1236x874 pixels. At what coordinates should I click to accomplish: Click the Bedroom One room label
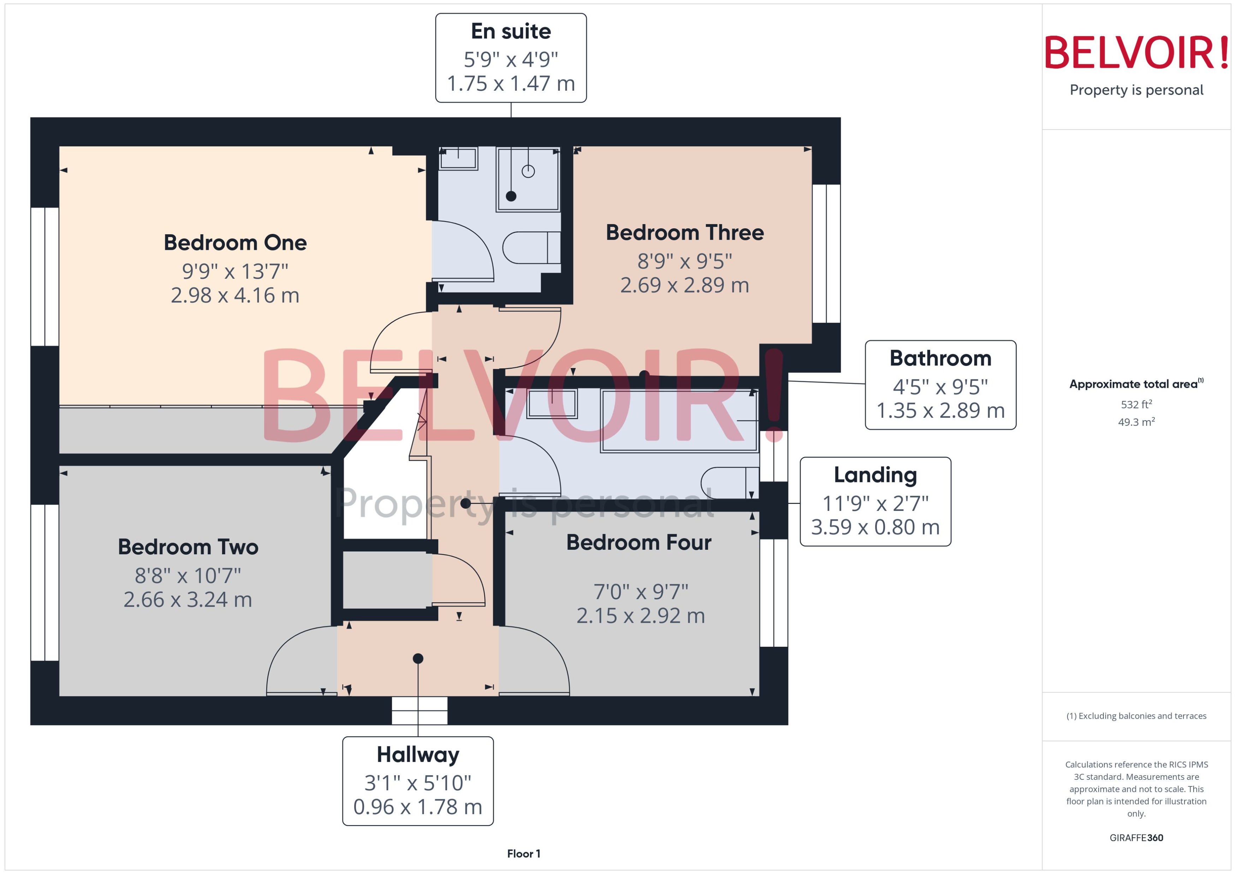point(235,243)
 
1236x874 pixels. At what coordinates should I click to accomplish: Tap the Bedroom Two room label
point(188,547)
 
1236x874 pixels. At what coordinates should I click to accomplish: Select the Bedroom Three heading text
point(684,233)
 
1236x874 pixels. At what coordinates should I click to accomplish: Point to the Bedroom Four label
point(639,542)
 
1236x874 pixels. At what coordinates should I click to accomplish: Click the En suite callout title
point(511,31)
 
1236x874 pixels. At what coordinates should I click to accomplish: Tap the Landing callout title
point(875,475)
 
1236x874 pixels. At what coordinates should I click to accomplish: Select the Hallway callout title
point(418,754)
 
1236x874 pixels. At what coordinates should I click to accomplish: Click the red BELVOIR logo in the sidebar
point(1136,53)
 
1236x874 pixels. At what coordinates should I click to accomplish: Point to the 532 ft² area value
point(1136,404)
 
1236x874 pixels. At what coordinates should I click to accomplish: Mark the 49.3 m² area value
point(1136,422)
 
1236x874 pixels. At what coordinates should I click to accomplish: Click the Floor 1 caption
point(523,854)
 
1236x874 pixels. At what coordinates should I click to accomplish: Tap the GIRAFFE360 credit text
point(1136,837)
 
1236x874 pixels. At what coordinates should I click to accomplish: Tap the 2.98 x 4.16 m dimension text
point(235,295)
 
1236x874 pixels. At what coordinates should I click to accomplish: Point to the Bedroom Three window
point(826,253)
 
